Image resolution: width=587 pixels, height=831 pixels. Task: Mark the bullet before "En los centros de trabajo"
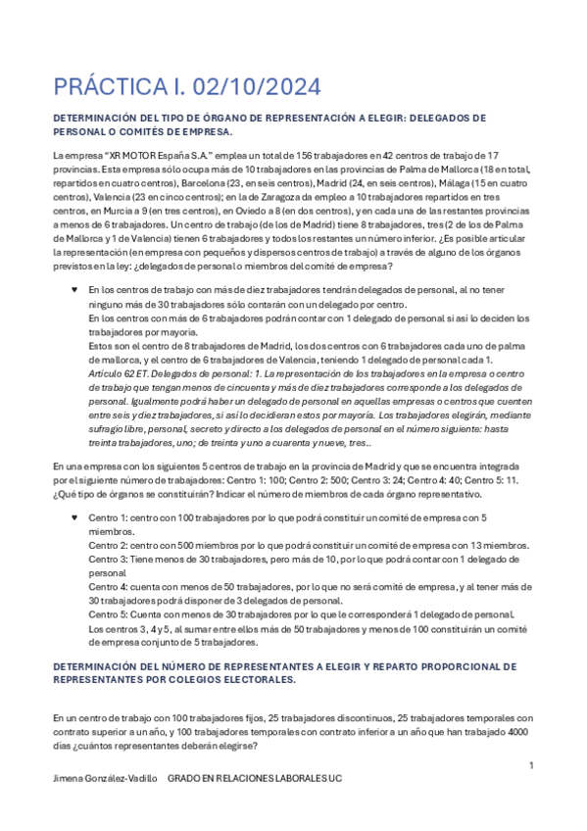[74, 290]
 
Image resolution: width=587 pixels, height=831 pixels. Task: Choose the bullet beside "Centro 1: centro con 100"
[74, 516]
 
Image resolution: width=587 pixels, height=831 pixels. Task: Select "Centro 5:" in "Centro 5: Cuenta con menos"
[109, 613]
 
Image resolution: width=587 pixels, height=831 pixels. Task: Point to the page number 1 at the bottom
[530, 765]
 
